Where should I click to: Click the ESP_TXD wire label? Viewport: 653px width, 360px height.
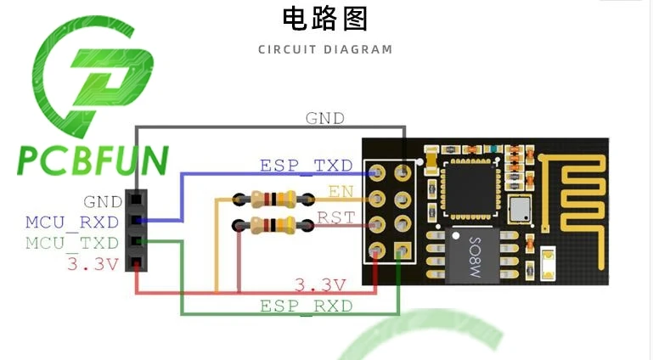pos(306,166)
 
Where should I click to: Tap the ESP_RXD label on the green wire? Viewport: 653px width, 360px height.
pos(306,307)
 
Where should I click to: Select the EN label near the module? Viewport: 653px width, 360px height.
pos(341,191)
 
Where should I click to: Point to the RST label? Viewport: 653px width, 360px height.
pos(336,217)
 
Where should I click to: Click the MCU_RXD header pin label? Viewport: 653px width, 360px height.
pos(72,222)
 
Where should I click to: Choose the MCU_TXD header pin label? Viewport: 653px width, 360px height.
pos(72,244)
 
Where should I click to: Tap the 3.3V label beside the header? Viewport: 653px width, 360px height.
pos(93,264)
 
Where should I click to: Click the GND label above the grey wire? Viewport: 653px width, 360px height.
pos(325,119)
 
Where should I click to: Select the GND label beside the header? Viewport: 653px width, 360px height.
pos(103,202)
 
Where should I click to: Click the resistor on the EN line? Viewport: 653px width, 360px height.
pos(273,199)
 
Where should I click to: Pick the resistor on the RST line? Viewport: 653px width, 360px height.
pos(273,225)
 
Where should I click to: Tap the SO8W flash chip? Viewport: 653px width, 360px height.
pos(473,256)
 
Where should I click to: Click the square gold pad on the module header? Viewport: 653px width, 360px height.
pos(402,251)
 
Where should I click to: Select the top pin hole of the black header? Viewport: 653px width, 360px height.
pos(136,200)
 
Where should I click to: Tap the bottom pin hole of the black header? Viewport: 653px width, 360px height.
pos(136,262)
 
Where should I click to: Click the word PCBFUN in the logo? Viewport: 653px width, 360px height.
pos(93,160)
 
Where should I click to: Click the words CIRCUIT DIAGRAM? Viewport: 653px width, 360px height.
pos(325,49)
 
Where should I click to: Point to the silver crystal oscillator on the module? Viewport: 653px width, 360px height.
pos(521,209)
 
